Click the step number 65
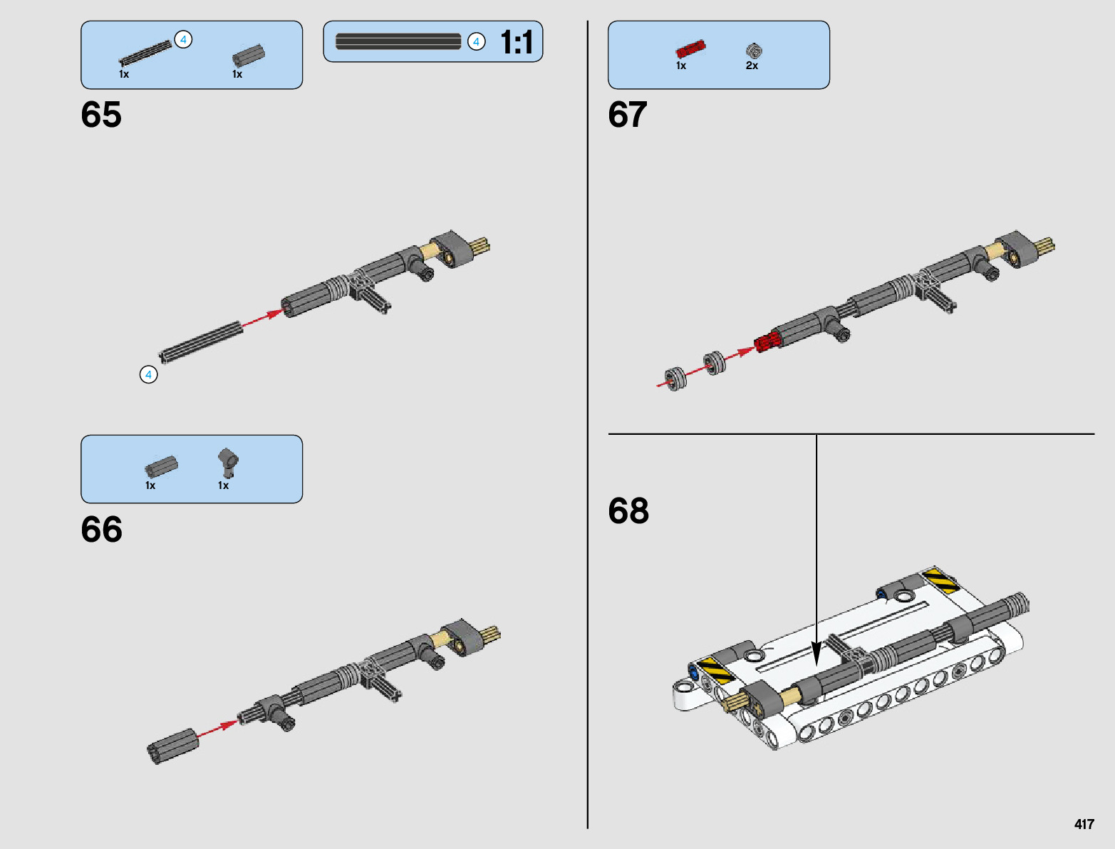coord(101,115)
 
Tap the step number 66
coord(101,530)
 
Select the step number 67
coord(628,115)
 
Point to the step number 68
coord(628,511)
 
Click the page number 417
coord(1084,824)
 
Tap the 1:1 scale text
coord(517,43)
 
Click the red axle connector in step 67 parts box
coord(690,49)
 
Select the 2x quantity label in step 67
coord(752,66)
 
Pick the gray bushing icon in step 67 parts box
coord(754,51)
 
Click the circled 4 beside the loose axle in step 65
coord(148,374)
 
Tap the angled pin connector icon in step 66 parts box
coord(228,463)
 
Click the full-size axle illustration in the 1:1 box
coord(398,42)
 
